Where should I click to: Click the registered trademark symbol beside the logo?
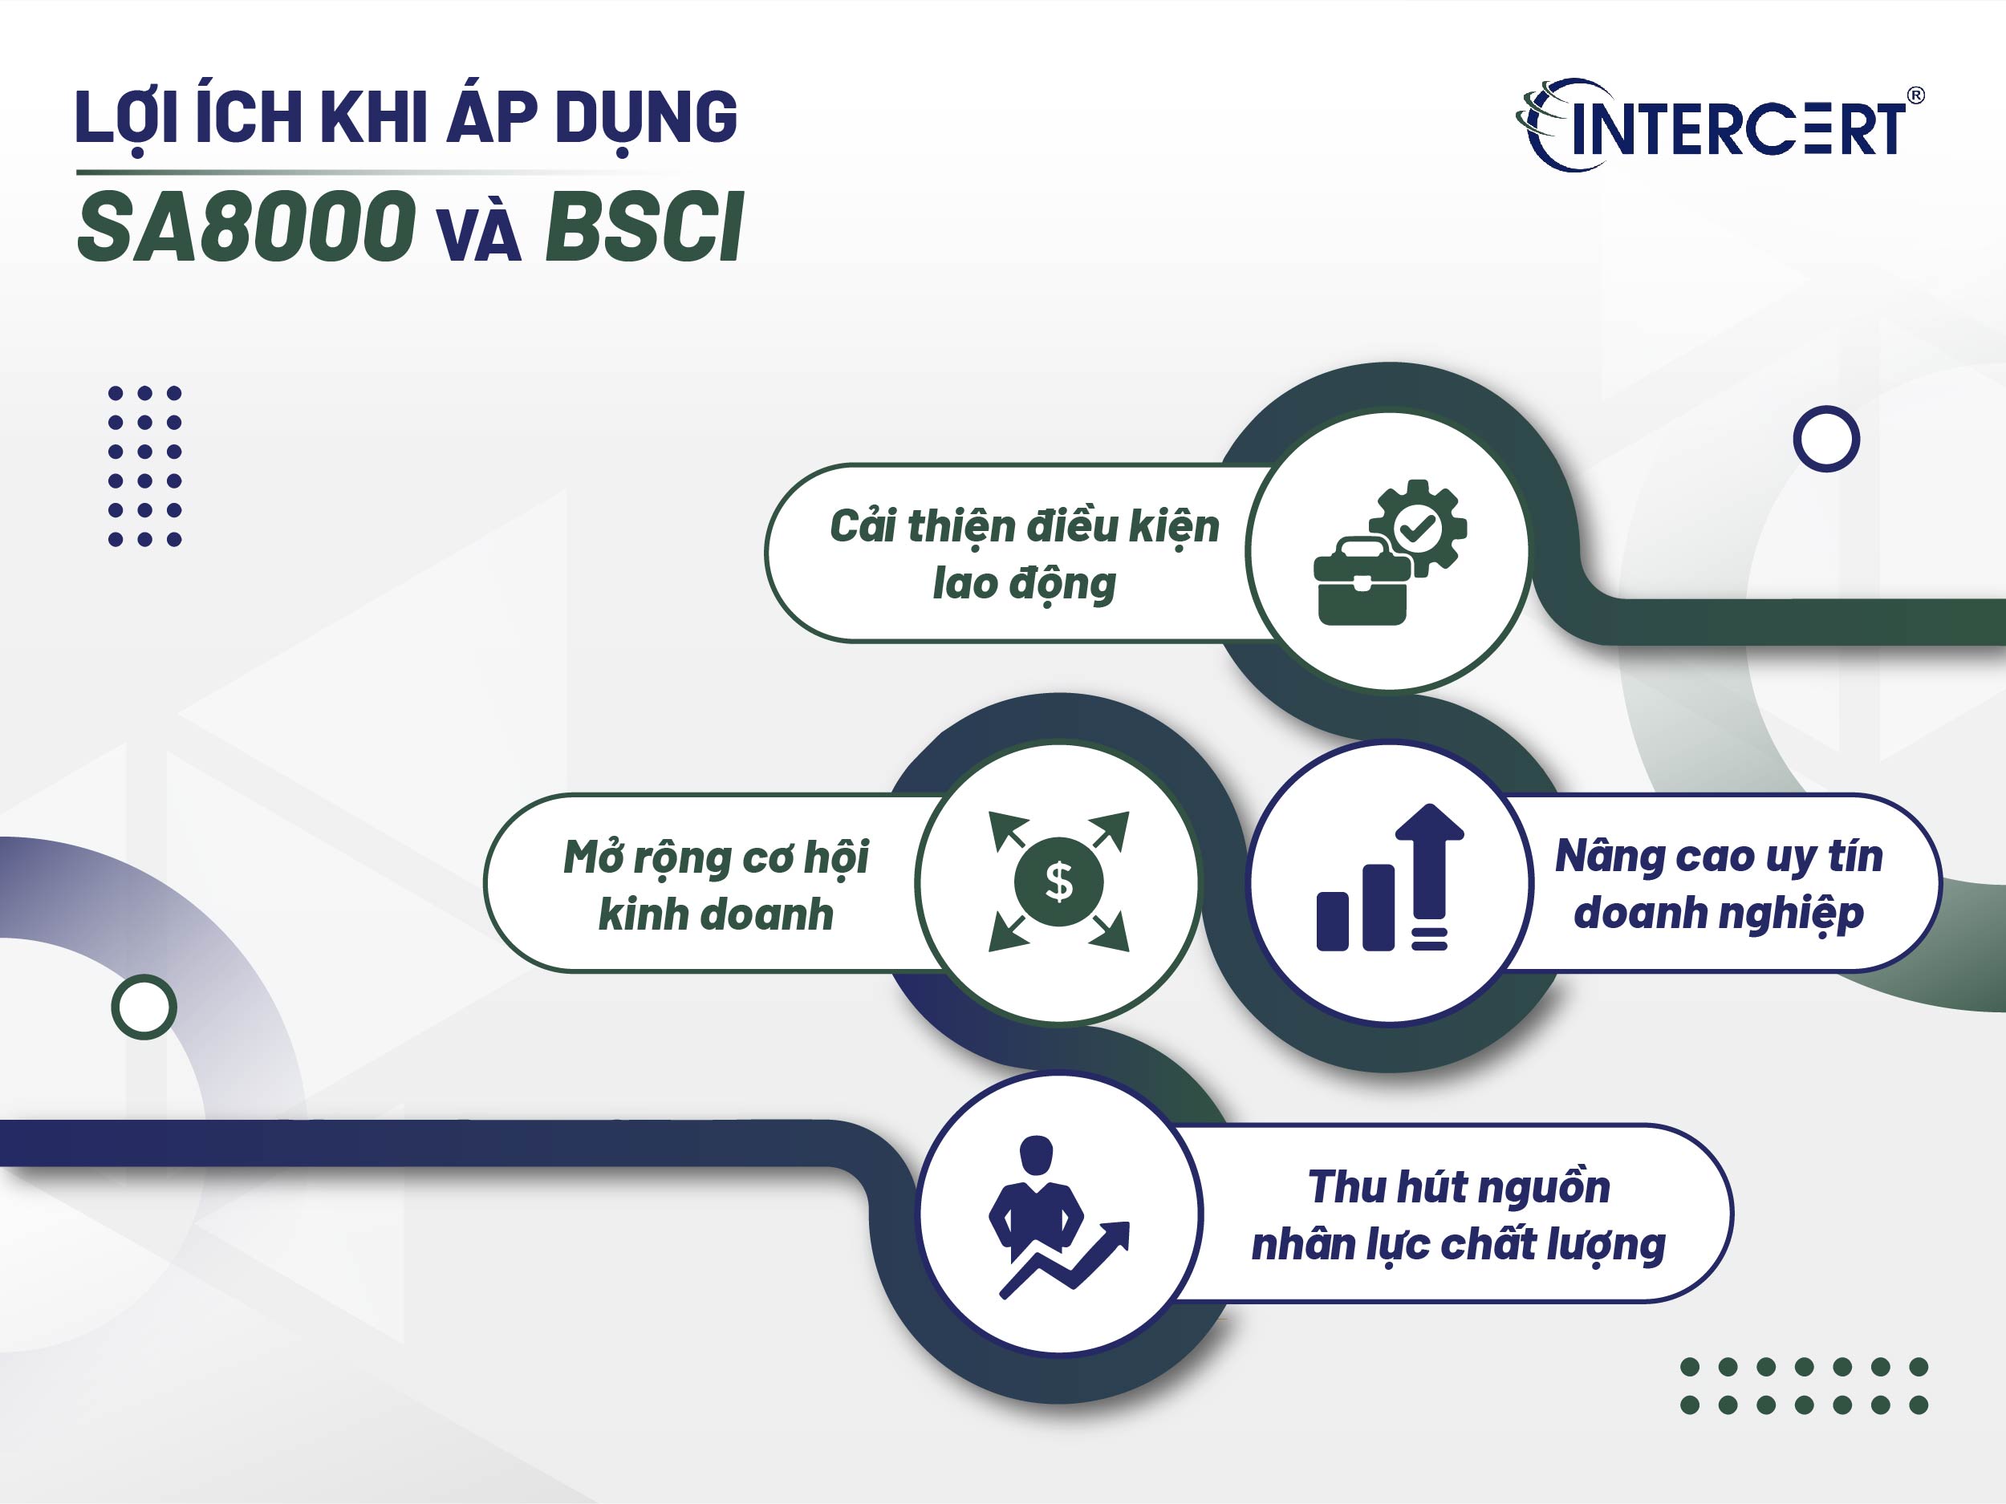coord(1915,95)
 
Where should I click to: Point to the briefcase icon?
coord(1361,583)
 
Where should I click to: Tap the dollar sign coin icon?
coord(1058,882)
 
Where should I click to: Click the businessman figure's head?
coord(1037,1153)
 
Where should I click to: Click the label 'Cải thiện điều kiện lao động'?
coord(1024,554)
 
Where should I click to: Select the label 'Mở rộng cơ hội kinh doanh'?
coord(716,885)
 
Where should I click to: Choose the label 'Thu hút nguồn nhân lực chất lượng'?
coord(1458,1214)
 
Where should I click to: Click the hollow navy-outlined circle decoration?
coord(1825,439)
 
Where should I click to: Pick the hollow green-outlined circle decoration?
coord(144,1007)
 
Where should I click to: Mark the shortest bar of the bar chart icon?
coord(1332,921)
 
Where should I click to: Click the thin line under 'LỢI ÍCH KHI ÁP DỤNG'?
coord(381,172)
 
